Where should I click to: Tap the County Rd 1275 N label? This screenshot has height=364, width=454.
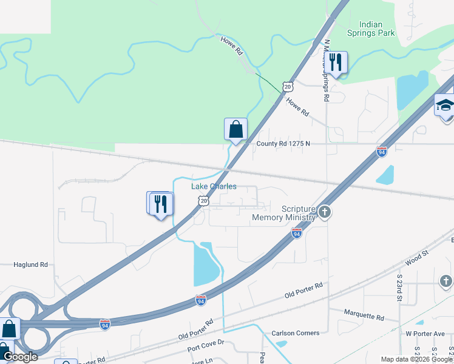click(283, 144)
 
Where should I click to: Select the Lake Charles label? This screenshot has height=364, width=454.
click(214, 186)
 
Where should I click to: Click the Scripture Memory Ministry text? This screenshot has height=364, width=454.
click(284, 213)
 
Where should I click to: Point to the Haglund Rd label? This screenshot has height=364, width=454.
click(31, 265)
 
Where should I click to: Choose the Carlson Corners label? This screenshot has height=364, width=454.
click(291, 333)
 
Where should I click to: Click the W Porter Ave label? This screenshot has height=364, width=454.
click(425, 333)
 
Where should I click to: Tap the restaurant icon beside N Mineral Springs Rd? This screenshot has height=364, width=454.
click(336, 62)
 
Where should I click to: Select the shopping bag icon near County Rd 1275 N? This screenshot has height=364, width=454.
click(235, 129)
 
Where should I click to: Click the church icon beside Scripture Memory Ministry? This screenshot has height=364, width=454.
click(325, 212)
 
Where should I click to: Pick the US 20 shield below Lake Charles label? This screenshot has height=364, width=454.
click(204, 200)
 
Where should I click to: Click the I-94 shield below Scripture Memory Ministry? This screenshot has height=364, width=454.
click(296, 233)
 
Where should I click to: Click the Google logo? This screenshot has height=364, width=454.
click(20, 357)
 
